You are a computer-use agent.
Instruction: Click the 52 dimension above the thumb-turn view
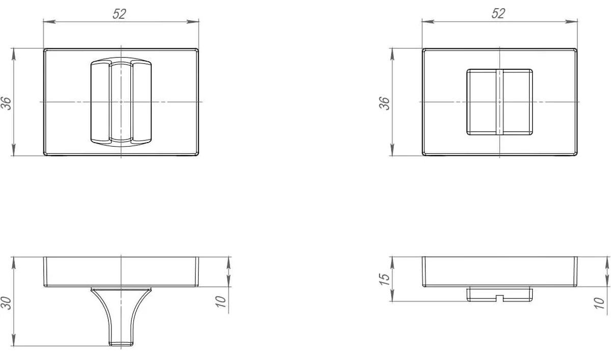point(119,14)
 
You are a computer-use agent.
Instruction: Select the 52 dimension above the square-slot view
point(498,14)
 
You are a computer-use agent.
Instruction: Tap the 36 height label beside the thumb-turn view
point(6,103)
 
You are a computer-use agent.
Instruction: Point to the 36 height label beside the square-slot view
point(384,103)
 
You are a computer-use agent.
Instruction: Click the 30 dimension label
point(6,303)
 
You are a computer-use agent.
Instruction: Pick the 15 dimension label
point(384,279)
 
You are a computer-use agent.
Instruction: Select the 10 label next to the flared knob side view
point(221,301)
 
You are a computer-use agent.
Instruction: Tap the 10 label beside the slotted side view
point(600,303)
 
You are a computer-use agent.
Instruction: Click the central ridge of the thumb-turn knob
point(121,101)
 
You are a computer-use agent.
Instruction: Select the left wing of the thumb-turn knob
point(100,102)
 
